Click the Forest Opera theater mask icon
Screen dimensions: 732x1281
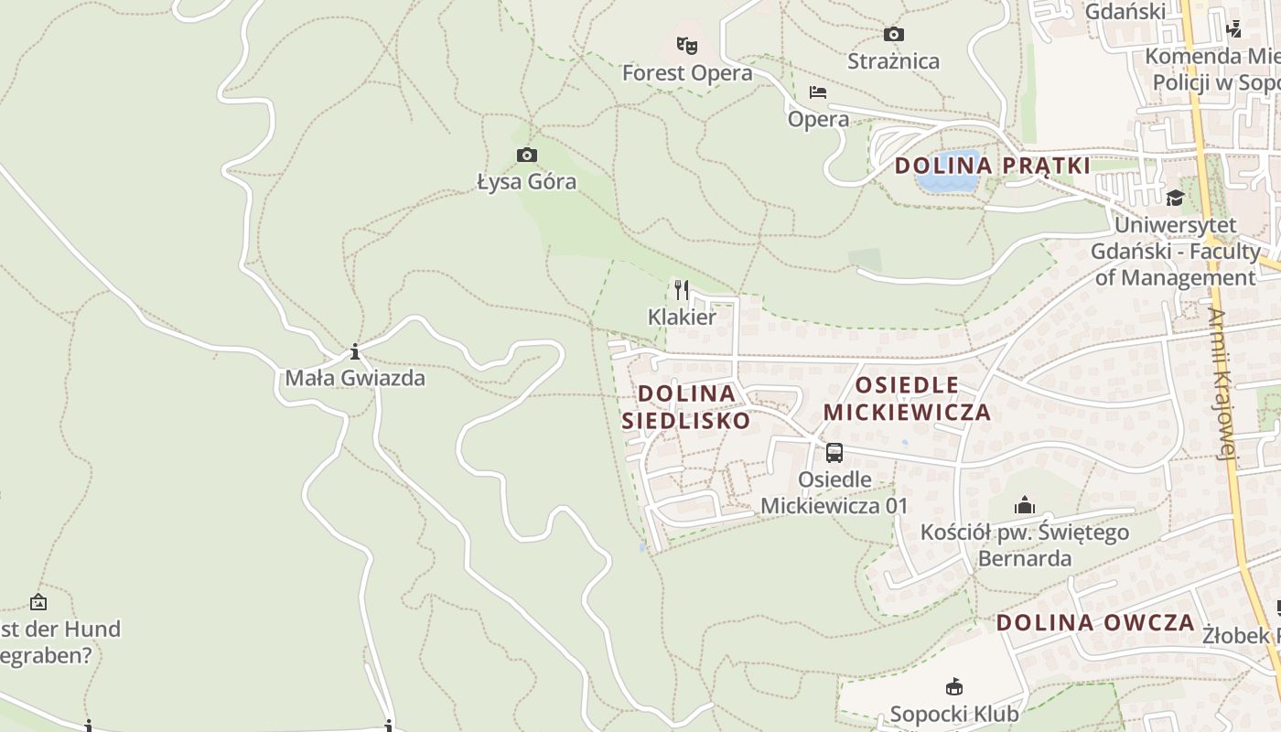pos(686,45)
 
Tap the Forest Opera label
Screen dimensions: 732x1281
pos(687,73)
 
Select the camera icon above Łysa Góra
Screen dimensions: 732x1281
pos(527,155)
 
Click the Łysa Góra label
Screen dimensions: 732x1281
pos(527,182)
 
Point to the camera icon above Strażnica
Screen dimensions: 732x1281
pos(894,35)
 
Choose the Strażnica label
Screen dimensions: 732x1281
pos(894,61)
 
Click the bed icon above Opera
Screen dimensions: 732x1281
pos(818,92)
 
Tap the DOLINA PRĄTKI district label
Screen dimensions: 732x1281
pos(993,166)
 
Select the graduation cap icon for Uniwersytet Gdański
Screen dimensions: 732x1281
pos(1175,198)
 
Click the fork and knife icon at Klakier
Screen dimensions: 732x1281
pos(682,290)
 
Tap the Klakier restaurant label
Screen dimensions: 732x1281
pos(682,318)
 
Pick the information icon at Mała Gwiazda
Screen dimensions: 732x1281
pos(355,351)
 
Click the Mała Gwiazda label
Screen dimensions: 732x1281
pos(355,378)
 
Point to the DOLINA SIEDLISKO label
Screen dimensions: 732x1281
pos(686,407)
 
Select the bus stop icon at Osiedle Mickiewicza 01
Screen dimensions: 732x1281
pos(834,452)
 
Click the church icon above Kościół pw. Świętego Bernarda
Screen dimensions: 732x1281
pos(1025,505)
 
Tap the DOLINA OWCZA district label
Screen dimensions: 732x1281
pos(1095,623)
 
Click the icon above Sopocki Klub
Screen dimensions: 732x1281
pos(954,686)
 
